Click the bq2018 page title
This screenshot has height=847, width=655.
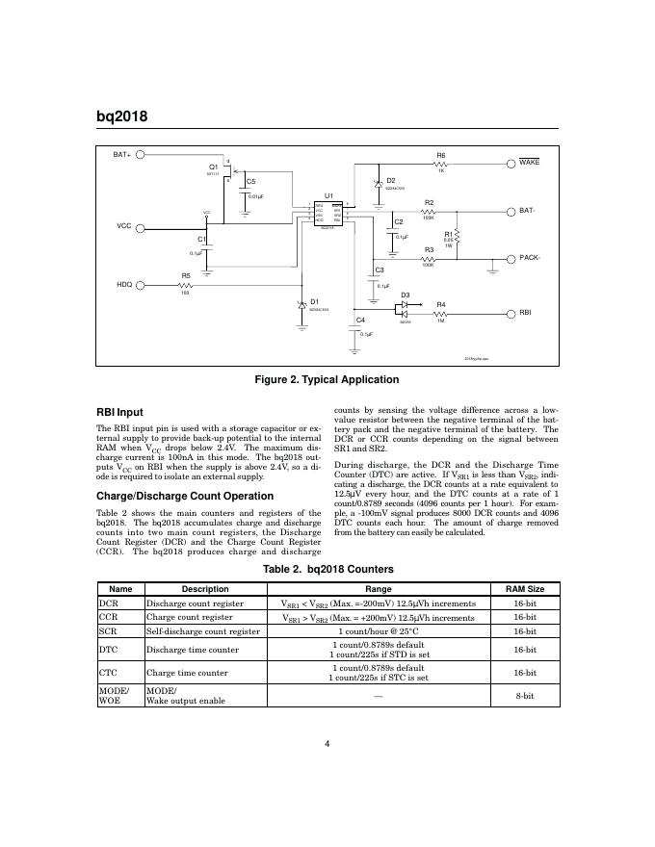tap(121, 117)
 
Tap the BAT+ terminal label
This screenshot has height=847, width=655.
tap(122, 154)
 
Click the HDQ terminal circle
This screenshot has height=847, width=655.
tap(141, 285)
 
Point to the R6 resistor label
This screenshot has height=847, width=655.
tap(441, 155)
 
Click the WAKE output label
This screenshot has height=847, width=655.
tap(529, 163)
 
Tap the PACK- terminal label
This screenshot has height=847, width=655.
tap(531, 258)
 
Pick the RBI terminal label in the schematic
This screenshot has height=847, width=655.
tap(526, 312)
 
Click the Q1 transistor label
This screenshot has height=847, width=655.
tap(214, 167)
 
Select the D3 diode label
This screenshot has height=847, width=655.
tap(406, 295)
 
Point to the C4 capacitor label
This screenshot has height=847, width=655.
tap(360, 319)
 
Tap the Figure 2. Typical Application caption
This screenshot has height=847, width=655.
tap(326, 380)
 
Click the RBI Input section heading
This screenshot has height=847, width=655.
tap(120, 413)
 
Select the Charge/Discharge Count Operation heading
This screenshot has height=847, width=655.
tap(174, 496)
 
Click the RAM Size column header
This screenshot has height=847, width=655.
tap(525, 589)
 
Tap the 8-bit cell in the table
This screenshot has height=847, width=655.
tap(525, 694)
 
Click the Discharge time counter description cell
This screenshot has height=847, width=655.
tap(187, 650)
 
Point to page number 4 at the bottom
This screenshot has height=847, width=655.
tap(327, 743)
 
